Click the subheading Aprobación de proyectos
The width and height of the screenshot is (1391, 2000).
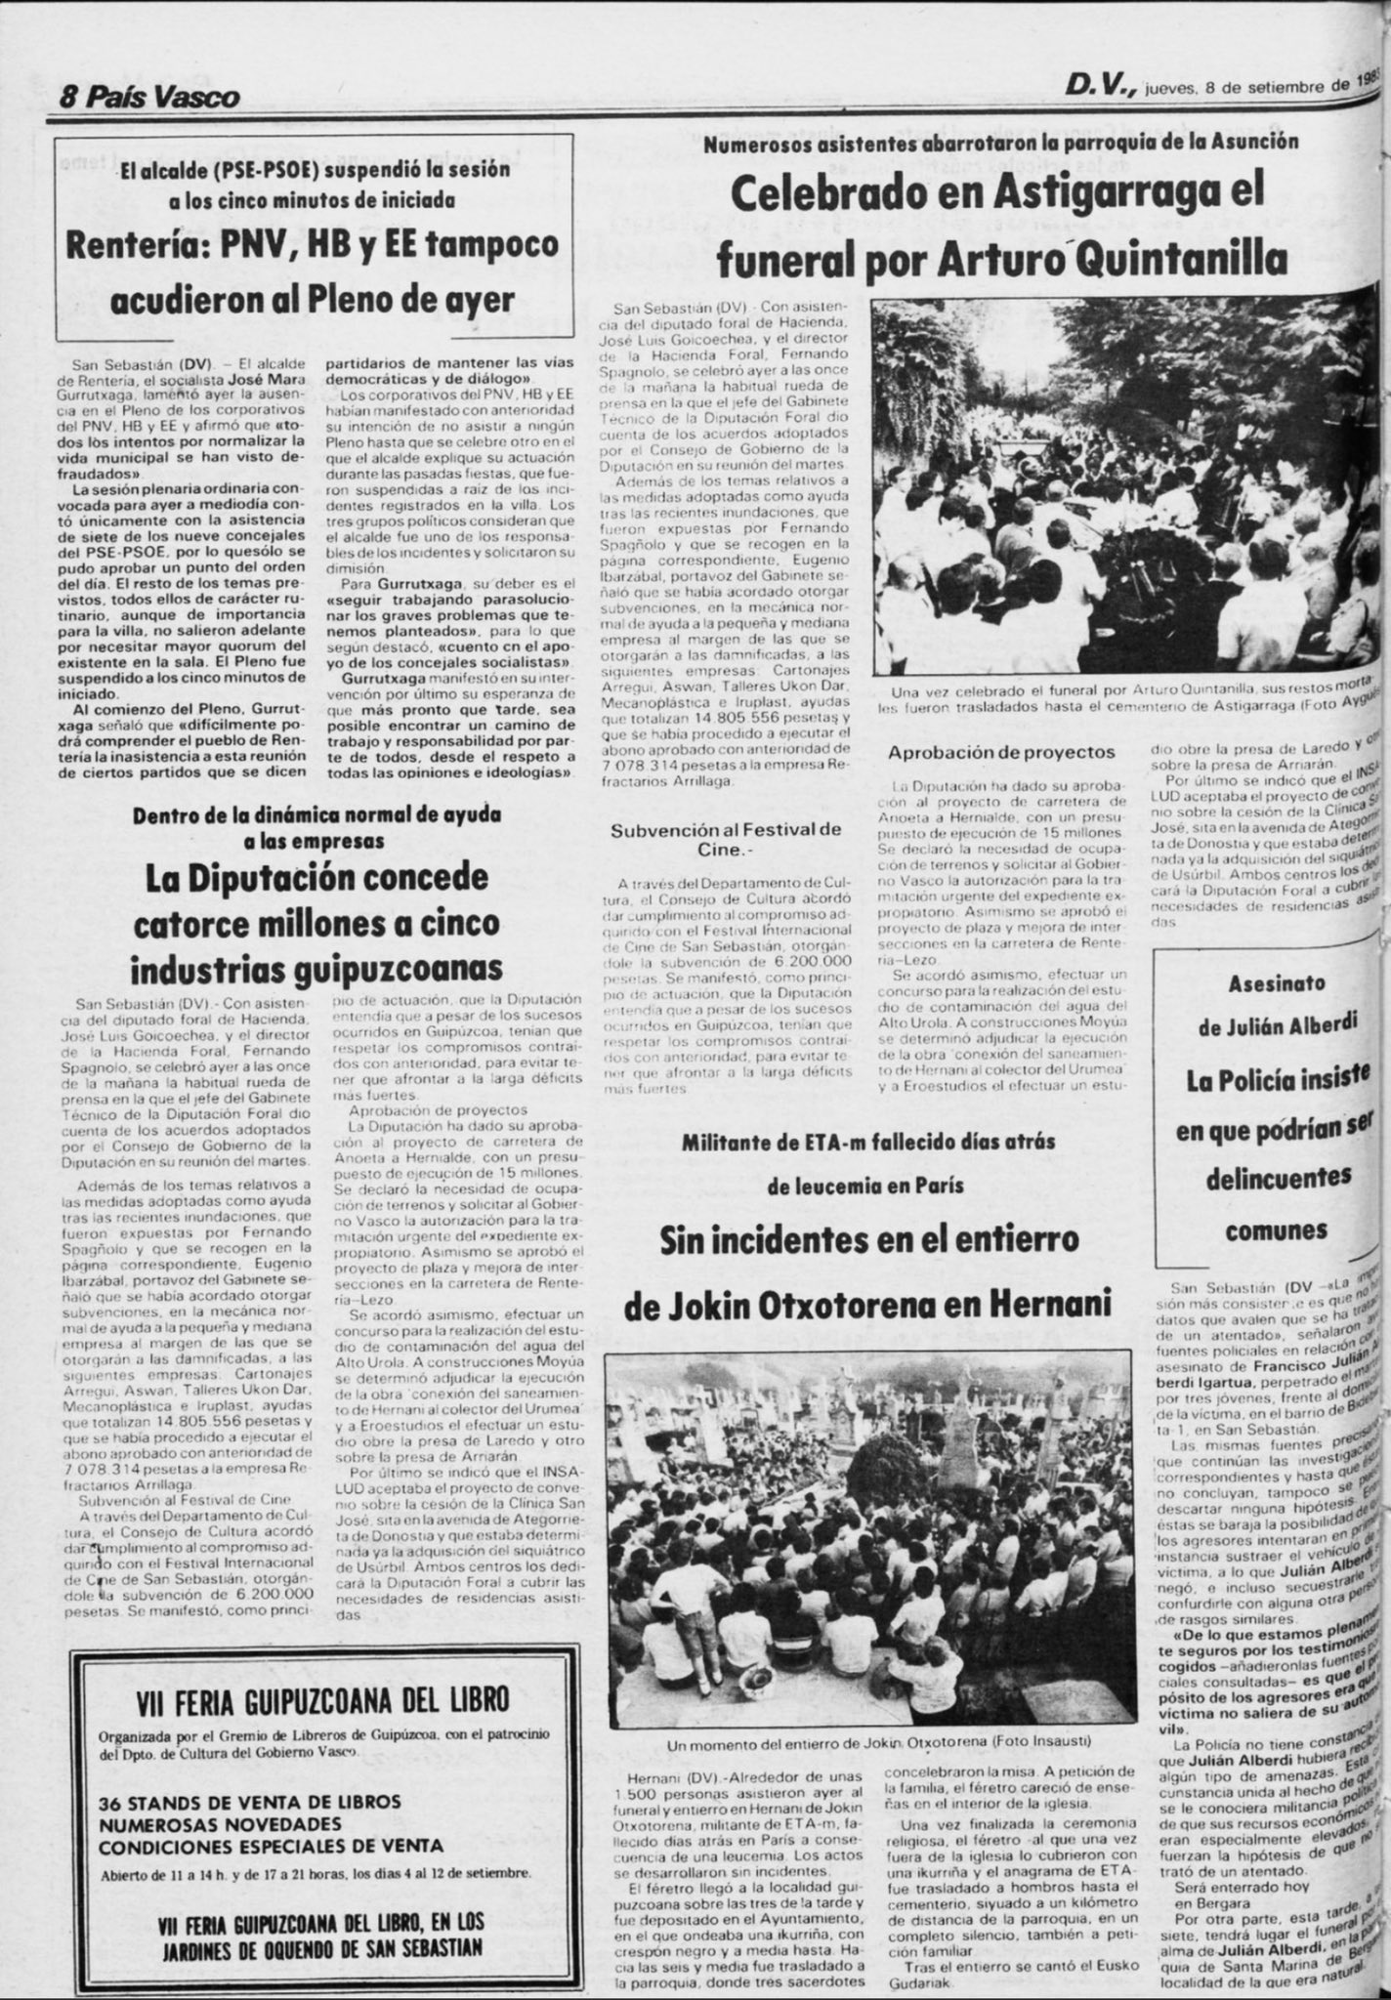pyautogui.click(x=1001, y=752)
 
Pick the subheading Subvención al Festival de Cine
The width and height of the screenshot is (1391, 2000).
pyautogui.click(x=726, y=839)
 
